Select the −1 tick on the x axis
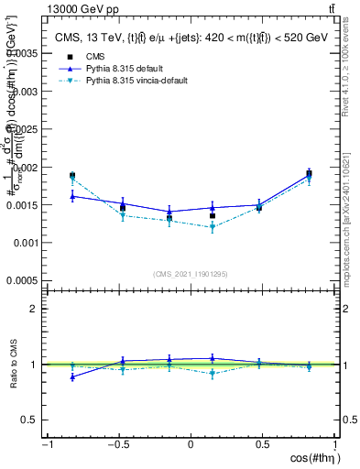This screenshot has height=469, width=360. [x=47, y=444]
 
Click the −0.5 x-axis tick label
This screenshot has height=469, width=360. [x=117, y=444]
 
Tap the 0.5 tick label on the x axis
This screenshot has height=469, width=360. [x=264, y=444]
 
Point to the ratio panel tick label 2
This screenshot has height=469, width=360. [x=33, y=309]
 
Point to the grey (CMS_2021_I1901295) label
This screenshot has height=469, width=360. [x=191, y=274]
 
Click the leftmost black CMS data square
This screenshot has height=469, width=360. [x=72, y=176]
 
